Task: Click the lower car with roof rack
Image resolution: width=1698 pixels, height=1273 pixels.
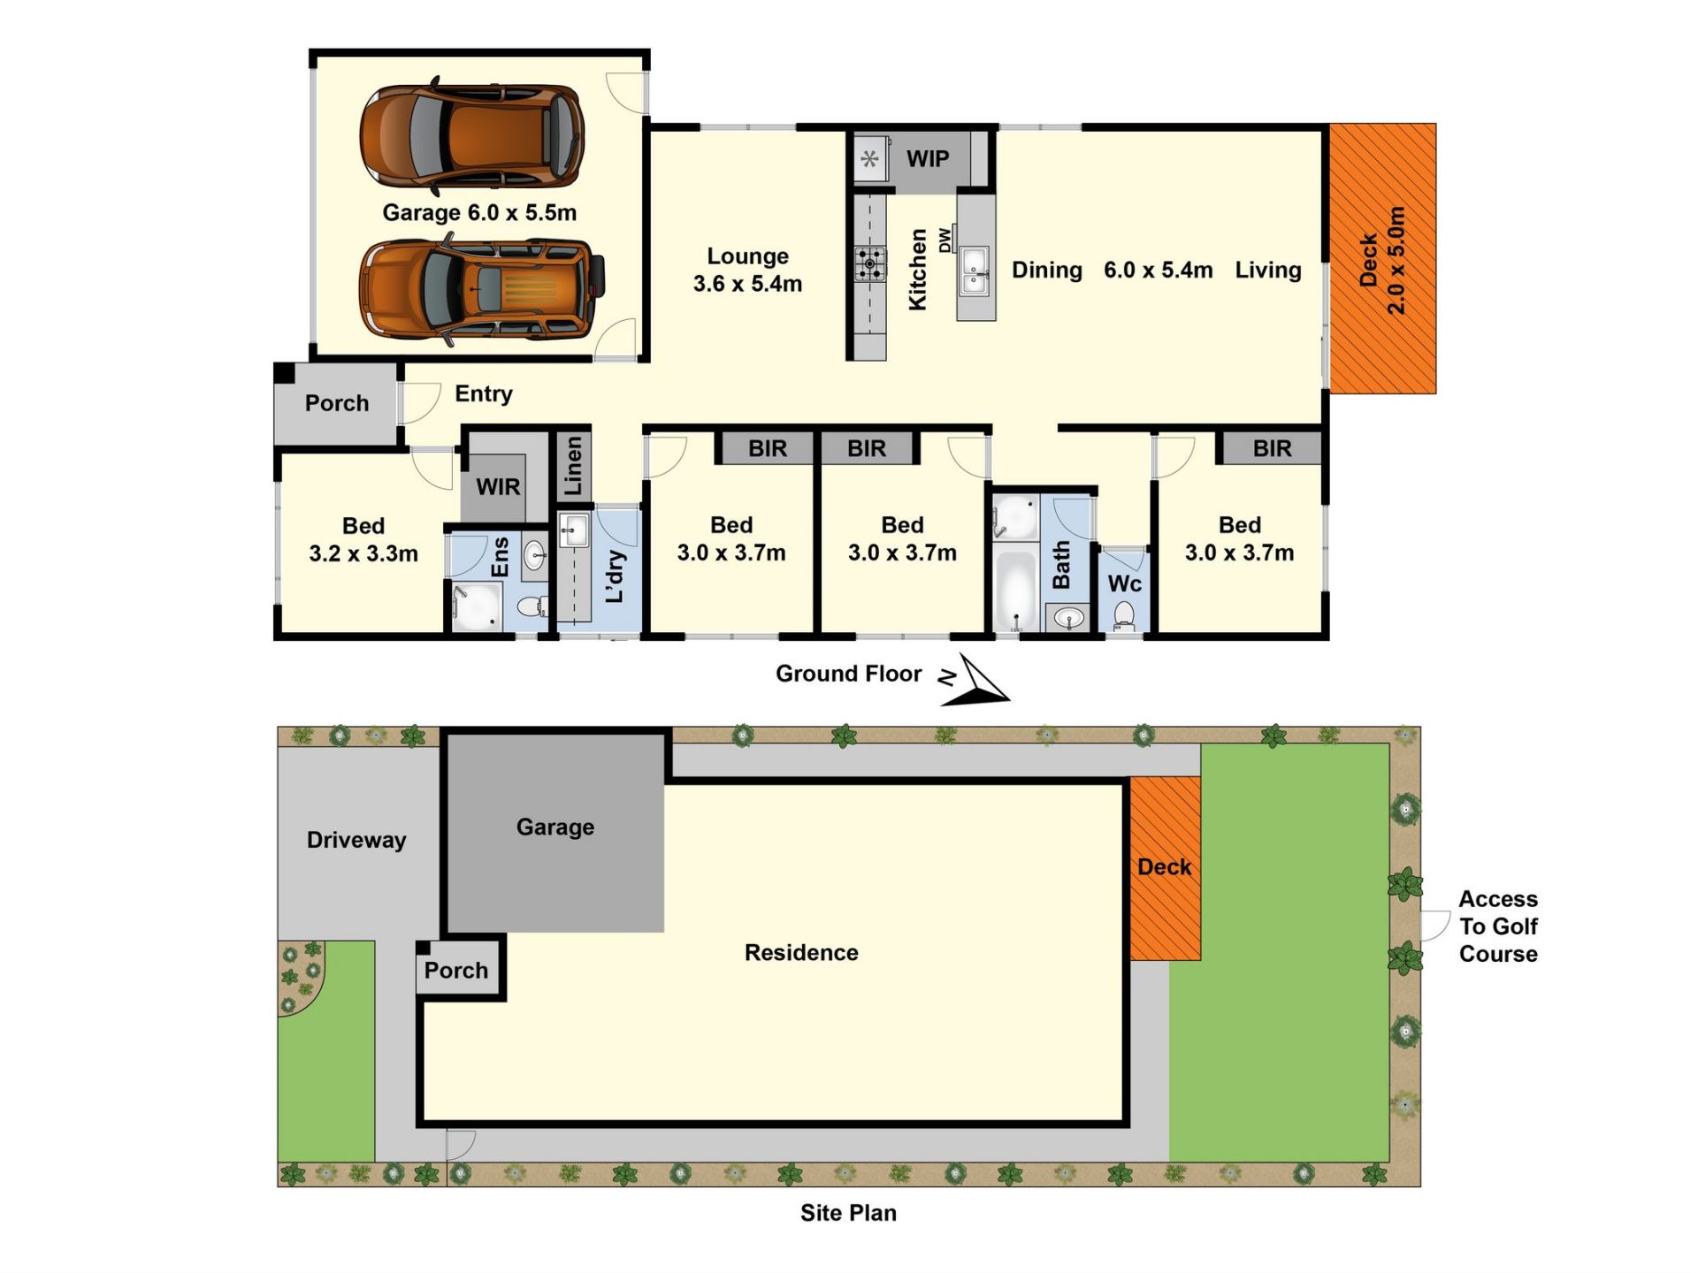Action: pos(482,289)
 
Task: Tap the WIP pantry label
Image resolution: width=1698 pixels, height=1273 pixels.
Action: pos(928,159)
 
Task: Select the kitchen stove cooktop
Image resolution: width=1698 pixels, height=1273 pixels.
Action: pos(870,263)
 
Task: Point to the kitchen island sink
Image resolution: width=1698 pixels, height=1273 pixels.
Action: pos(975,270)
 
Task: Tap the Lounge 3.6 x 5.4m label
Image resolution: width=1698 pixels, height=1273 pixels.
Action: pos(747,270)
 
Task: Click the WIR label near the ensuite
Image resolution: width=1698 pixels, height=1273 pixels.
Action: pos(498,487)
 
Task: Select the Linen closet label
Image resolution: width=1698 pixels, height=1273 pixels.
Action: pos(573,466)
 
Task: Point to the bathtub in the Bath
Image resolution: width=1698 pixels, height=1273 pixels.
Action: pos(1015,588)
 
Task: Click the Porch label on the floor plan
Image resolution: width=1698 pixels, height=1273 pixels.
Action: pos(337,403)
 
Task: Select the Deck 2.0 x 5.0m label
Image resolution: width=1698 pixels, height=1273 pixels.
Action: pos(1382,260)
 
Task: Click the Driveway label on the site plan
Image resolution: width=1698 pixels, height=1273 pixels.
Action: pos(356,840)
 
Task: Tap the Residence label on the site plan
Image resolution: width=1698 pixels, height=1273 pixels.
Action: pos(801,952)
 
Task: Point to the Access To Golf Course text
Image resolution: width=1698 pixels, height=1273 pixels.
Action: pos(1498,926)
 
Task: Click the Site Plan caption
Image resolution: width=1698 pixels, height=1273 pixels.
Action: pos(848,1213)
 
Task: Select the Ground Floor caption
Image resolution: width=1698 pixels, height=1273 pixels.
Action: pos(848,674)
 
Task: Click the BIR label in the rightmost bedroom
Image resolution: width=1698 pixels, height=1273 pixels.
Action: pos(1272,449)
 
